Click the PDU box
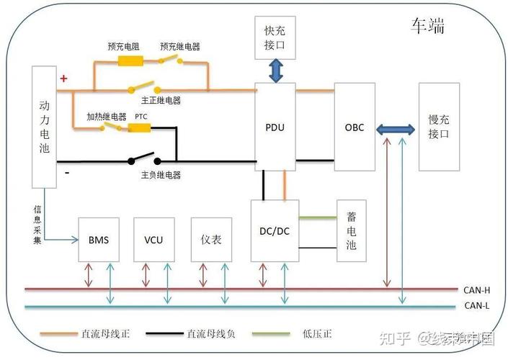(x=275, y=126)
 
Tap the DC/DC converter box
(x=274, y=230)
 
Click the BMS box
(x=99, y=239)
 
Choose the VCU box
(x=153, y=239)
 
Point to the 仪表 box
(x=210, y=239)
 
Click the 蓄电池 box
(x=352, y=230)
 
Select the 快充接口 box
(x=275, y=37)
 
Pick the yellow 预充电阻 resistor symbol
(x=130, y=60)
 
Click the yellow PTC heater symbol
(x=139, y=128)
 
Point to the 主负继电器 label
(x=161, y=175)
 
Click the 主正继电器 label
(x=161, y=100)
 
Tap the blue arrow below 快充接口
(x=275, y=71)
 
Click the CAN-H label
(x=477, y=290)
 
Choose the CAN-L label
(x=477, y=305)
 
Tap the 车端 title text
(x=427, y=27)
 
